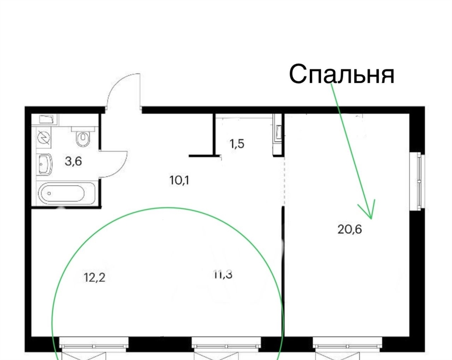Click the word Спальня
(x=342, y=74)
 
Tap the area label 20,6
(x=350, y=229)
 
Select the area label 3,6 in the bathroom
(x=73, y=161)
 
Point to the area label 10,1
(x=179, y=180)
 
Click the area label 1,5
(x=237, y=143)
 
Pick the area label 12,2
(x=94, y=277)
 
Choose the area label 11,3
(x=223, y=275)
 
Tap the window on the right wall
(x=417, y=180)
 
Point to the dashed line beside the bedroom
(x=284, y=181)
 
